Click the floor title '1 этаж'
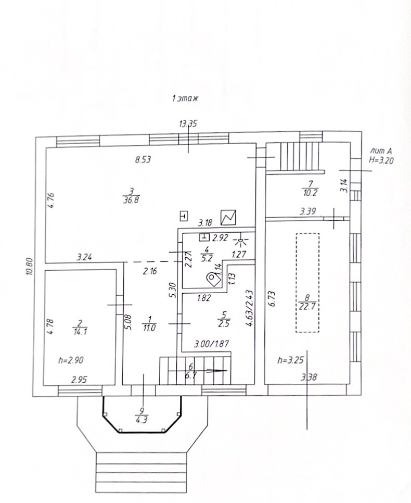186,98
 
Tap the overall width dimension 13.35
188,123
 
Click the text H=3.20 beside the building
381,161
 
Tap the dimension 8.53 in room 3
143,160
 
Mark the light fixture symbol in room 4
240,241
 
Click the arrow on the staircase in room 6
214,370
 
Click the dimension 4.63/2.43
250,308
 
